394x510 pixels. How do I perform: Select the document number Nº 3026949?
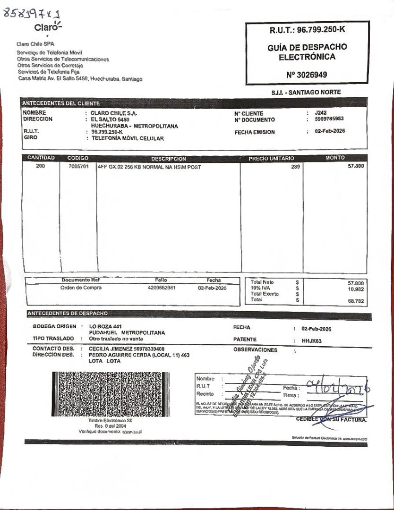[306, 75]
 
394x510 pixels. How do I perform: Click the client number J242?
[320, 113]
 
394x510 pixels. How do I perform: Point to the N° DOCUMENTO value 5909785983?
[329, 119]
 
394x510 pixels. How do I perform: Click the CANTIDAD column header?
[41, 158]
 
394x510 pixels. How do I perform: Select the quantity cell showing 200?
[41, 166]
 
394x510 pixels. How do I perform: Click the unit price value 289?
[295, 167]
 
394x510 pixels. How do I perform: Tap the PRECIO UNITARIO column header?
[271, 159]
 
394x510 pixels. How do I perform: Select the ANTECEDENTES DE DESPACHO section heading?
[68, 313]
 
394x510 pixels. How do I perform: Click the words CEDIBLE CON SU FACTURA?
[331, 419]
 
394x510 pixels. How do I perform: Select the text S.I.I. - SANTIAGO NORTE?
[306, 93]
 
